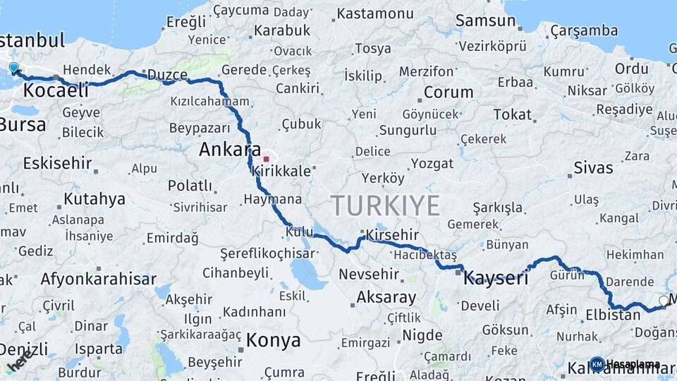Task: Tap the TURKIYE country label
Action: click(x=386, y=205)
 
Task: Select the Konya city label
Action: click(x=273, y=341)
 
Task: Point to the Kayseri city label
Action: click(x=495, y=278)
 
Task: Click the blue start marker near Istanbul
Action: click(x=14, y=68)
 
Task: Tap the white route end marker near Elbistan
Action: click(x=663, y=301)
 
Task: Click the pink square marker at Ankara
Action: click(x=266, y=159)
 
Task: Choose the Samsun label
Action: click(x=485, y=20)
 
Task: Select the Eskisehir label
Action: click(x=57, y=164)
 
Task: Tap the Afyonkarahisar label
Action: click(x=98, y=279)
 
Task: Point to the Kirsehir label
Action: click(x=392, y=235)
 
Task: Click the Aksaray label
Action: click(x=387, y=297)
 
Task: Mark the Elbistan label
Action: click(x=613, y=315)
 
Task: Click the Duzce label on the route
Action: click(x=168, y=75)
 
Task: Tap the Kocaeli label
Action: click(x=56, y=90)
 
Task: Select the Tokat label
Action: click(x=512, y=114)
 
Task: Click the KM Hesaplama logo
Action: click(x=625, y=365)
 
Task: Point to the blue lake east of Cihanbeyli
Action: click(x=305, y=272)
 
